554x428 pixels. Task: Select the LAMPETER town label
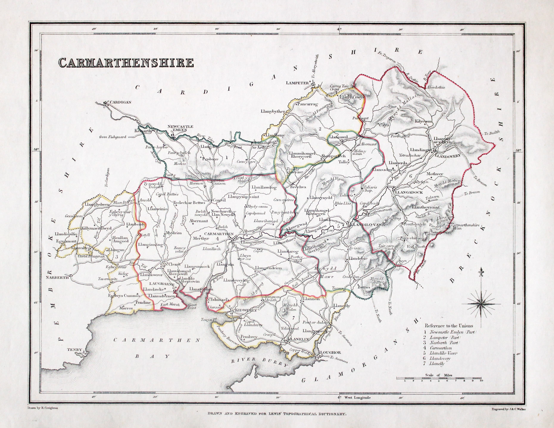297,83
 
